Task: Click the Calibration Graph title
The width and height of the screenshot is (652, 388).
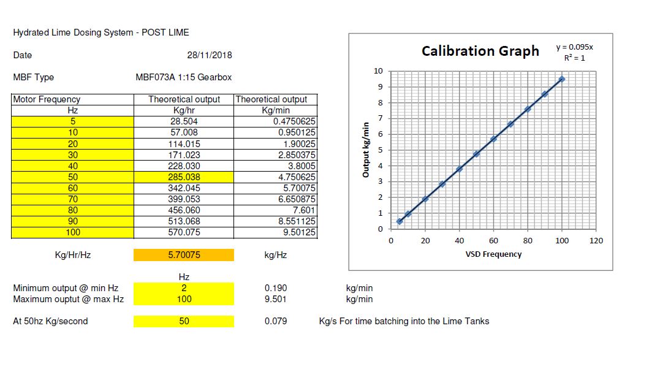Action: (480, 51)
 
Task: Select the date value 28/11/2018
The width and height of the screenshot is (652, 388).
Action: (209, 55)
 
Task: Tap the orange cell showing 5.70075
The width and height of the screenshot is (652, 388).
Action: (184, 255)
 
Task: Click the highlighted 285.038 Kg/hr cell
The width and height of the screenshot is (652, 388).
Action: (184, 177)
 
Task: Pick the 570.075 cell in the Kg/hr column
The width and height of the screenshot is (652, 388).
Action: (184, 232)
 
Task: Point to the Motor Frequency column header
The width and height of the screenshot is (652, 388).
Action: (47, 99)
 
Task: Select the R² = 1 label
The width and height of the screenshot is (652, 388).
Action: (574, 58)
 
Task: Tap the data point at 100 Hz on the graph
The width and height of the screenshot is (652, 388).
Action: (562, 79)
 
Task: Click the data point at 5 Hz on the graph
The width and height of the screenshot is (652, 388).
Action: (400, 222)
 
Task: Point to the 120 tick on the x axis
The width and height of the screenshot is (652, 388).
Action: (596, 241)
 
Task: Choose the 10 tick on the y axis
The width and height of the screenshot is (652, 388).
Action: (378, 71)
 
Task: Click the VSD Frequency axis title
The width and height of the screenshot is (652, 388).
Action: (493, 254)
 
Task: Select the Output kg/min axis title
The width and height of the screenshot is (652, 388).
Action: (366, 150)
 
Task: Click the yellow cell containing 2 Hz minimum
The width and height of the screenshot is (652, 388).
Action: (184, 288)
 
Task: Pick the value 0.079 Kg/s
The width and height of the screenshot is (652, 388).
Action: (275, 321)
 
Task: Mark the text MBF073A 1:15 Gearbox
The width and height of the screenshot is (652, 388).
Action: (183, 77)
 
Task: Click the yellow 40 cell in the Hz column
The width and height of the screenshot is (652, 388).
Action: (73, 166)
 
